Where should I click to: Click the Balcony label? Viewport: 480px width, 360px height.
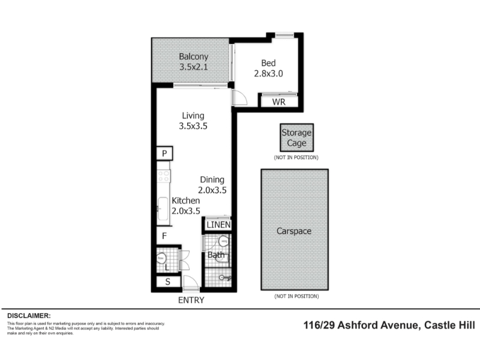[193, 56]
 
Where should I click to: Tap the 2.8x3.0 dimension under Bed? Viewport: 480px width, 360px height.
[268, 74]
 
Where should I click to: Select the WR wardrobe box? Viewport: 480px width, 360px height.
[279, 101]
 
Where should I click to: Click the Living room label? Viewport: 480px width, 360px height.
[193, 116]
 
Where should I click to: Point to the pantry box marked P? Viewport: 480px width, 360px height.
[164, 153]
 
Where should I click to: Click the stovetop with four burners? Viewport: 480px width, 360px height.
[163, 176]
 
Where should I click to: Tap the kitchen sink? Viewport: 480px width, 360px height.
[163, 208]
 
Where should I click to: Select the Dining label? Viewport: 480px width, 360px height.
[212, 179]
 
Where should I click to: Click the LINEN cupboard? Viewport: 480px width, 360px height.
[218, 224]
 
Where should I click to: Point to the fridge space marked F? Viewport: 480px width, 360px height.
[164, 236]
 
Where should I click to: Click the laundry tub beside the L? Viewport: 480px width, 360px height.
[161, 259]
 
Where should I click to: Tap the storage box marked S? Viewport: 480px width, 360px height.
[168, 281]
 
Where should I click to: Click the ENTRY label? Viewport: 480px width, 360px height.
[191, 300]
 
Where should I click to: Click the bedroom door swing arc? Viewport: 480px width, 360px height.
[242, 95]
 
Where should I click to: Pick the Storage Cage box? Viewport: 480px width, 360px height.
[296, 137]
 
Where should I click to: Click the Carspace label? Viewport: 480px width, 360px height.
[294, 231]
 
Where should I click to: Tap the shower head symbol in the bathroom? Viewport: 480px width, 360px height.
[226, 278]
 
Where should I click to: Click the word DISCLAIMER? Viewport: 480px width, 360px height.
[29, 316]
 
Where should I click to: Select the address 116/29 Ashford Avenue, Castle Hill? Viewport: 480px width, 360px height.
[389, 325]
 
